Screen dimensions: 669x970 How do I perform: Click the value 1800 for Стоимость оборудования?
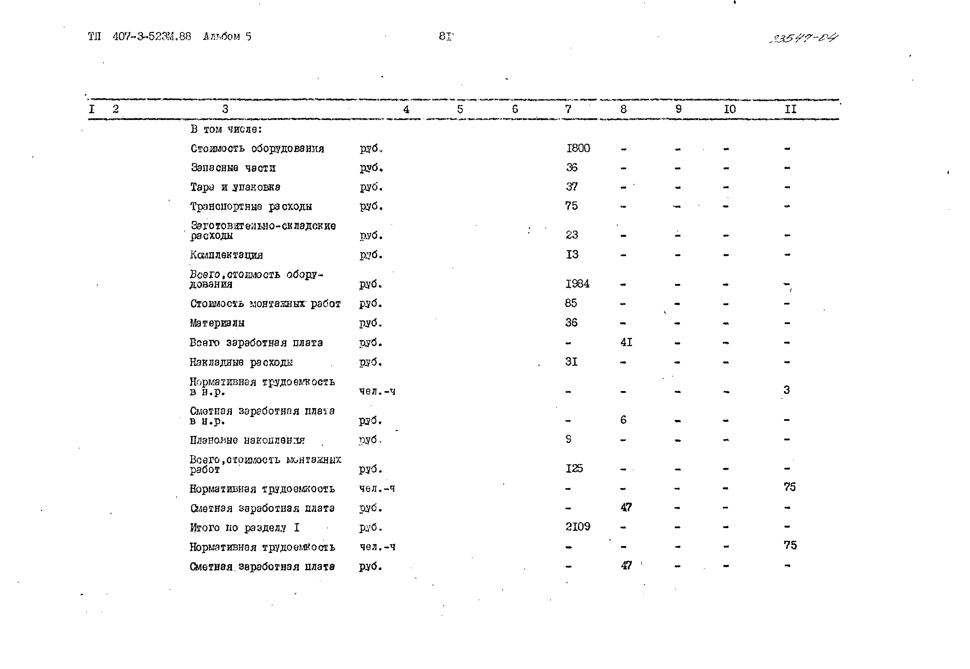click(578, 148)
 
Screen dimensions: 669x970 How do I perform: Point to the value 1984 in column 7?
click(577, 284)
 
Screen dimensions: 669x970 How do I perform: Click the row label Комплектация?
click(227, 255)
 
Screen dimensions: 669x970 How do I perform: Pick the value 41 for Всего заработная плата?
click(626, 342)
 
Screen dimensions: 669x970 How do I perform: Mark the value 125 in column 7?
click(574, 469)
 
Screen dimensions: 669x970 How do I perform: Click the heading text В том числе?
click(226, 129)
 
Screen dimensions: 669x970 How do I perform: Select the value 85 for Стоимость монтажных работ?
click(571, 303)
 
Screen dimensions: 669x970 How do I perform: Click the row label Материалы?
click(217, 323)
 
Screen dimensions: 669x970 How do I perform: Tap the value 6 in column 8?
click(623, 420)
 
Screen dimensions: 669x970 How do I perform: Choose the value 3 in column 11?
click(786, 390)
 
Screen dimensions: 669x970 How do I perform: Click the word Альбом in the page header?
click(221, 37)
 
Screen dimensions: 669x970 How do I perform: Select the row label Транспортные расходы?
click(251, 207)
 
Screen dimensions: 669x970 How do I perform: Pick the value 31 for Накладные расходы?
click(571, 362)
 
